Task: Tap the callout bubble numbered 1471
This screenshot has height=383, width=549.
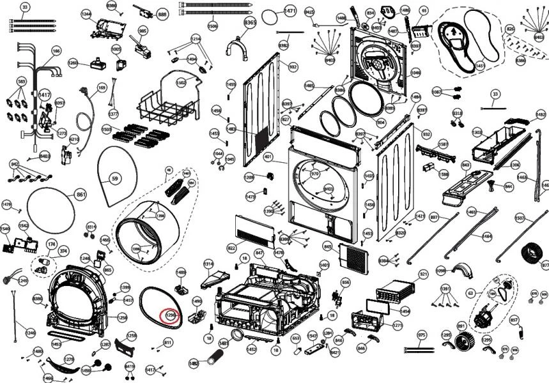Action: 290,11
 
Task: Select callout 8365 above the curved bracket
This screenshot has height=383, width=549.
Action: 250,23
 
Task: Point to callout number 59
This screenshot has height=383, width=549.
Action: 115,179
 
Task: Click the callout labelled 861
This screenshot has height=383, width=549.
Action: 81,195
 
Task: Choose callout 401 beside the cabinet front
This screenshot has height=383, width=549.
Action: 268,157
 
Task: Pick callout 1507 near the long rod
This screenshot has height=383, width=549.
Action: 520,218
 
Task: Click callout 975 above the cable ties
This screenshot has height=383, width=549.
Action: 422,335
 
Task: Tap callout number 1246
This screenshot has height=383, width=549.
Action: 31,333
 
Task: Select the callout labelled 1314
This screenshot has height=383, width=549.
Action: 208,264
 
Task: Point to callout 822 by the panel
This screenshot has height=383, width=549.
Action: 231,247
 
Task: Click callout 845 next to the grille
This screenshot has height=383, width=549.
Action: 328,246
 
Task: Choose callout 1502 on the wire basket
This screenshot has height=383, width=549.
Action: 181,83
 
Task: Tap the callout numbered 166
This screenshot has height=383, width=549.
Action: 56,51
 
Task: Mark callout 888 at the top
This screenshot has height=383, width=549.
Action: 162,13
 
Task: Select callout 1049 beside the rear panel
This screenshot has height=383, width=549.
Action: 415,73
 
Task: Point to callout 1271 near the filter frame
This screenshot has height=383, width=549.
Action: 398,326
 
